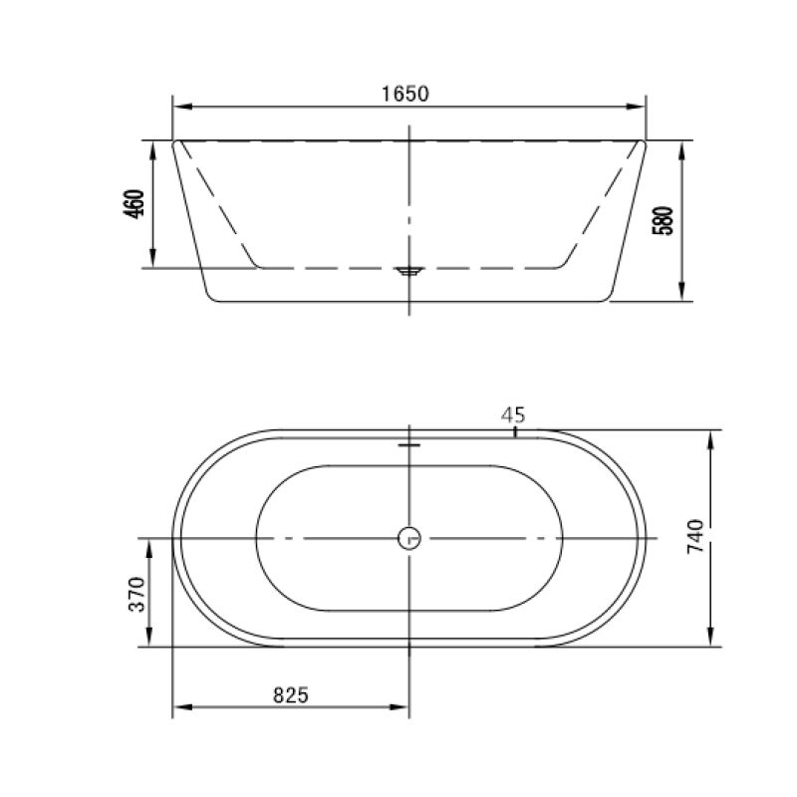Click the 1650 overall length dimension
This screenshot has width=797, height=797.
pyautogui.click(x=404, y=94)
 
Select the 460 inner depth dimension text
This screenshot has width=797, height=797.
pyautogui.click(x=136, y=204)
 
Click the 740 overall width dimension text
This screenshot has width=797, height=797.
pyautogui.click(x=696, y=537)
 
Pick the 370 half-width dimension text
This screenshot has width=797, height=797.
pyautogui.click(x=136, y=593)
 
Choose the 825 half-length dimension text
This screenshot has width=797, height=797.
pyautogui.click(x=289, y=694)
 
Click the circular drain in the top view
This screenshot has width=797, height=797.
pyautogui.click(x=409, y=539)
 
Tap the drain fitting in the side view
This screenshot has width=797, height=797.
pyautogui.click(x=409, y=269)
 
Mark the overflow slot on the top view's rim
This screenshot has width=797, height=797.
pyautogui.click(x=409, y=445)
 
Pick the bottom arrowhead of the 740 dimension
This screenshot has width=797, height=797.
pyautogui.click(x=710, y=640)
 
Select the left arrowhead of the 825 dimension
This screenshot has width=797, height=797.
pyautogui.click(x=179, y=708)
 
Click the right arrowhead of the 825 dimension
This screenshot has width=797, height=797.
pyautogui.click(x=402, y=708)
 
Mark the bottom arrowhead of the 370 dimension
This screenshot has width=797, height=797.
pyautogui.click(x=150, y=640)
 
